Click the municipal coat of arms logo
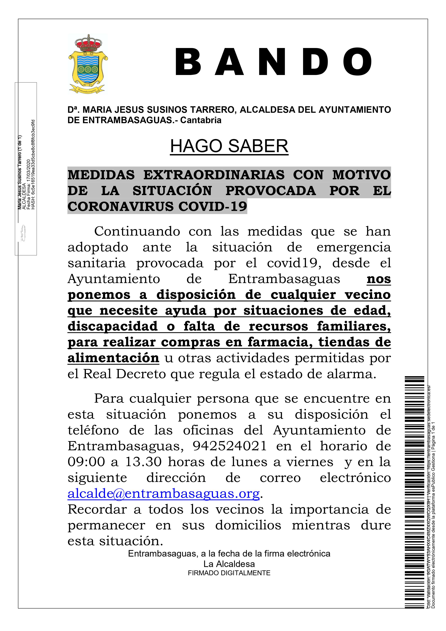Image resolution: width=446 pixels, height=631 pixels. (x=88, y=64)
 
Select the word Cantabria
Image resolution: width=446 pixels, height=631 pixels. (x=201, y=120)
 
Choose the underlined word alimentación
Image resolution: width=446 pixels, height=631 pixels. (x=113, y=358)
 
